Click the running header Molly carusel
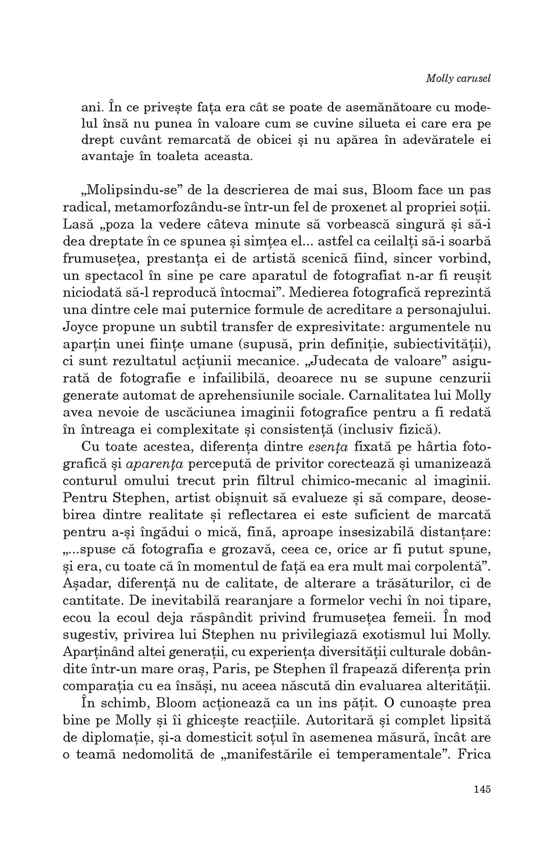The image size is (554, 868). coord(458,78)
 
